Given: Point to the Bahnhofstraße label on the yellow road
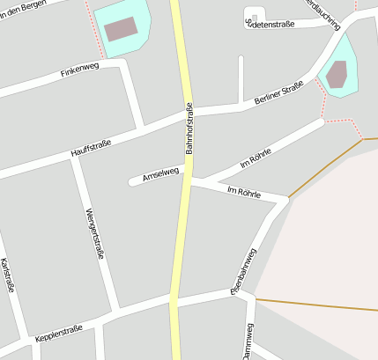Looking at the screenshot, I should (x=189, y=129).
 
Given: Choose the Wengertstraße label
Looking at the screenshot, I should (x=96, y=232).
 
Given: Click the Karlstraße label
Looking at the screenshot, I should (x=8, y=274).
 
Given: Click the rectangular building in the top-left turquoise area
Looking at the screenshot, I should (x=122, y=29).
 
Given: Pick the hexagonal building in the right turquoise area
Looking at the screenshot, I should (x=337, y=75).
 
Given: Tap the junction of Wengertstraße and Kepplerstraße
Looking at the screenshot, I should (x=115, y=312).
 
